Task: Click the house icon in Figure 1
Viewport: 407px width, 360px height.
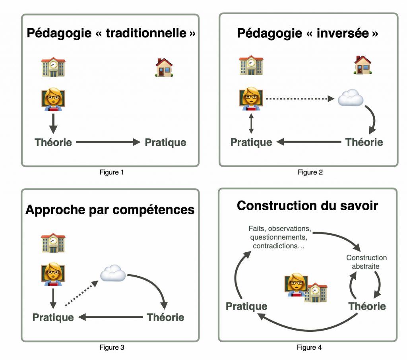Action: tap(164, 67)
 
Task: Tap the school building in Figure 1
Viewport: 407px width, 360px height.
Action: tap(53, 67)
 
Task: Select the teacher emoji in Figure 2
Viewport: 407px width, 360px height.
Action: tap(251, 99)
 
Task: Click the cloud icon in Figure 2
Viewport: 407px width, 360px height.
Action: tap(351, 98)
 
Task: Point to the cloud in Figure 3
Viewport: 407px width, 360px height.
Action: tap(113, 273)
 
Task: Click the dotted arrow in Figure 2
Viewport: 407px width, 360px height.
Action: tap(300, 99)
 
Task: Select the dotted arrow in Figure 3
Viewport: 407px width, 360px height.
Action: tap(81, 293)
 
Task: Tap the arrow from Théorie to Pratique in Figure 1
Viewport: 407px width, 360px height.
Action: tap(108, 142)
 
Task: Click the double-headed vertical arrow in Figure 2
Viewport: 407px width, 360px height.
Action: tap(251, 123)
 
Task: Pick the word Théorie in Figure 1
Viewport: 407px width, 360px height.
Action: tap(53, 142)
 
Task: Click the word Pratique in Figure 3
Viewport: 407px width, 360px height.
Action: tap(53, 317)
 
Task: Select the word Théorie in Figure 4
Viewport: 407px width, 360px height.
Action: tap(367, 306)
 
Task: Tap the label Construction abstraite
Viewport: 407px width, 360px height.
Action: tap(366, 262)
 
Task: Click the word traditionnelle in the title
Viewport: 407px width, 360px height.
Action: tap(146, 33)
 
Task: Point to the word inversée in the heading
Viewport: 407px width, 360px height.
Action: tap(343, 33)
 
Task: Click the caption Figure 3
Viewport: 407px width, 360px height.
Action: tap(112, 347)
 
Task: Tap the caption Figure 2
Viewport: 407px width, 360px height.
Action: tap(310, 172)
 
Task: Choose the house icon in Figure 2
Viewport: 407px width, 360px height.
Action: tap(362, 65)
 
